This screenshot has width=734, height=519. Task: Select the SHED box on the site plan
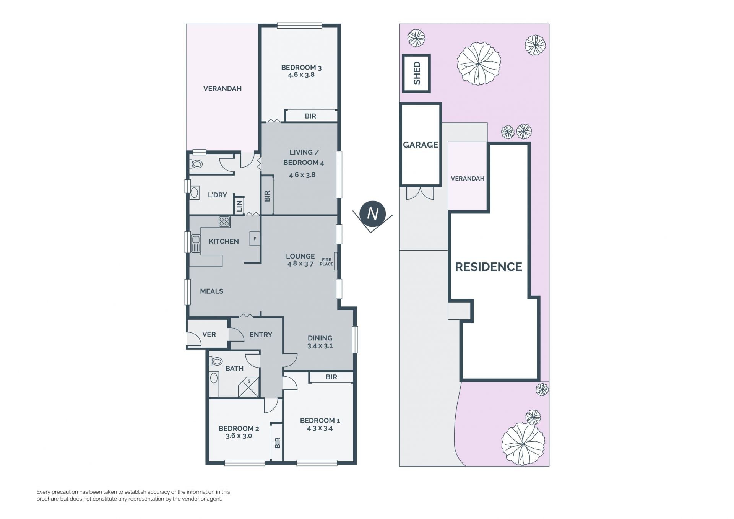click(x=416, y=73)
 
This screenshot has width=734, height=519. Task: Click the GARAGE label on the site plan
click(x=421, y=145)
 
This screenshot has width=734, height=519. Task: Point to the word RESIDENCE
click(x=488, y=267)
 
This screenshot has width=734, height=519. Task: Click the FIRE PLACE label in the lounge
click(x=326, y=262)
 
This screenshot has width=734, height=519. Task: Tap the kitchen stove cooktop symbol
click(x=224, y=222)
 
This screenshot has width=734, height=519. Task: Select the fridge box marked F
click(x=255, y=239)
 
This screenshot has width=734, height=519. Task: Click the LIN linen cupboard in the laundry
click(x=239, y=206)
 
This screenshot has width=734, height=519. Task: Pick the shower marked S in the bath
click(x=248, y=387)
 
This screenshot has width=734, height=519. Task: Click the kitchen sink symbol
click(x=196, y=244)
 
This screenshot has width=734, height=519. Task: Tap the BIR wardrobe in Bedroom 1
click(x=331, y=377)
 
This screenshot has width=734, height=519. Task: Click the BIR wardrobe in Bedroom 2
click(x=277, y=443)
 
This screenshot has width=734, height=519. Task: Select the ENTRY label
click(x=261, y=335)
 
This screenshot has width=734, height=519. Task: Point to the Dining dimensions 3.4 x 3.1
click(x=320, y=346)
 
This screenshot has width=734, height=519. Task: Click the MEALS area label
click(x=211, y=291)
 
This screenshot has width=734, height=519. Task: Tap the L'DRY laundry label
click(x=217, y=195)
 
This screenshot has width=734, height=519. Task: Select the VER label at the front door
click(x=209, y=335)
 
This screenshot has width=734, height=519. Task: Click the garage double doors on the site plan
click(x=420, y=193)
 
